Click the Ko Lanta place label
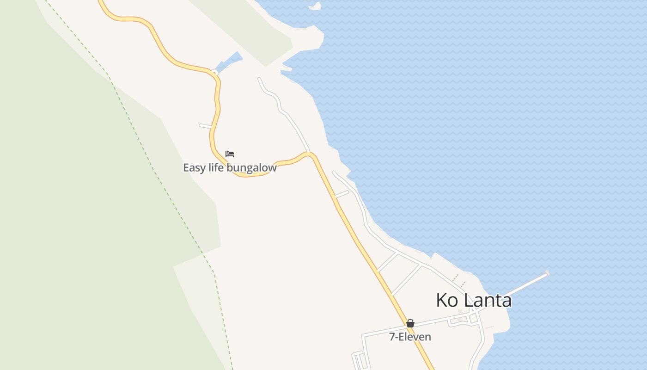474,300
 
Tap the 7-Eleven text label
410,337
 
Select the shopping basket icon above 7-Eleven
410,323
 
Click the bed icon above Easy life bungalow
230,154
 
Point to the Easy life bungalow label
230,167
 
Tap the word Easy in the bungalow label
194,167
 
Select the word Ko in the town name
447,300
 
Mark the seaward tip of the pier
547,273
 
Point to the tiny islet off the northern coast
316,6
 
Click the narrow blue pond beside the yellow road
229,62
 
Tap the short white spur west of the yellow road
205,125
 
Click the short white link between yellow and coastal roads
342,194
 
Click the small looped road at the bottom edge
358,361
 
